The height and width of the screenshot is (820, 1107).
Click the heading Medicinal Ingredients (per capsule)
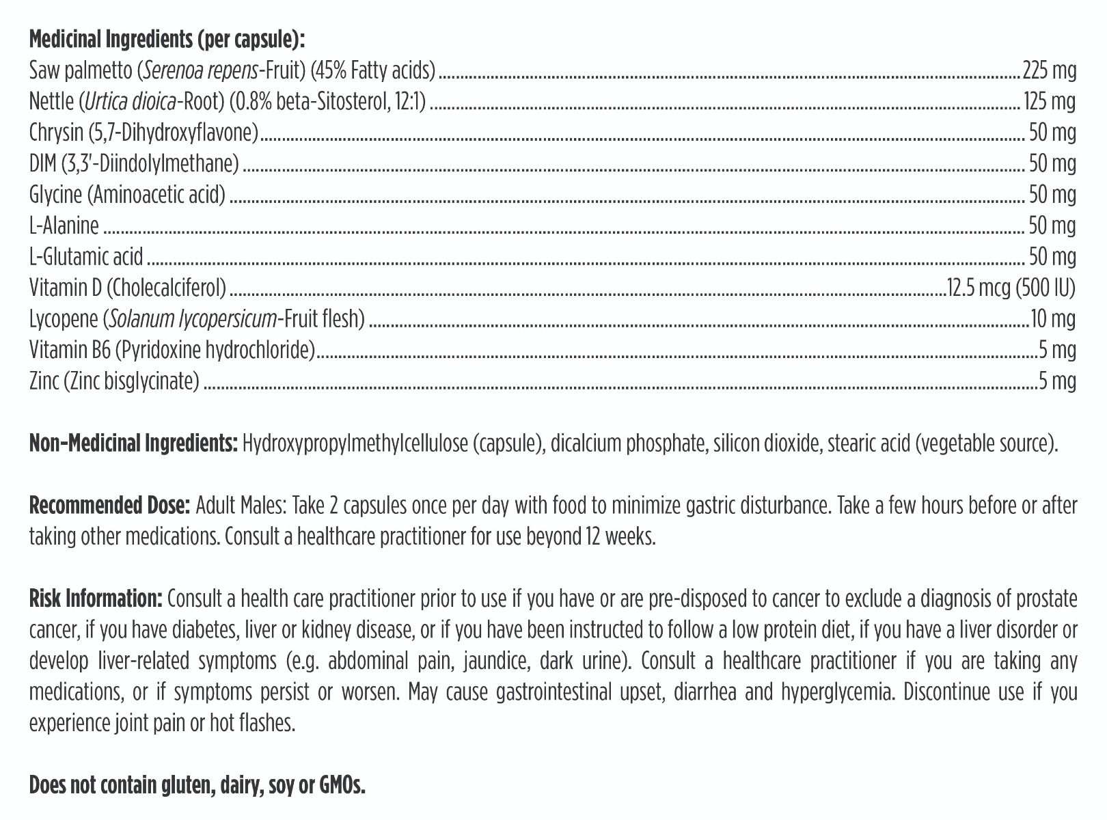pos(166,40)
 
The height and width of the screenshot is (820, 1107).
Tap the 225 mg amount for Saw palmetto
pos(1049,70)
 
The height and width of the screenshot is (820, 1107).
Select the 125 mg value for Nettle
pos(1050,102)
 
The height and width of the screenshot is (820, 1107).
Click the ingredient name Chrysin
pos(56,133)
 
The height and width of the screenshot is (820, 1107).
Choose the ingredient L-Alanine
pos(64,225)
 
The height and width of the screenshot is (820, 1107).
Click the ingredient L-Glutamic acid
pos(86,257)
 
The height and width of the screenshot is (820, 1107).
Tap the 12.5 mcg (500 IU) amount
pos(1011,288)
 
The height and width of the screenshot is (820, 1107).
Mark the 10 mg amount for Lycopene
pos(1053,319)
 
